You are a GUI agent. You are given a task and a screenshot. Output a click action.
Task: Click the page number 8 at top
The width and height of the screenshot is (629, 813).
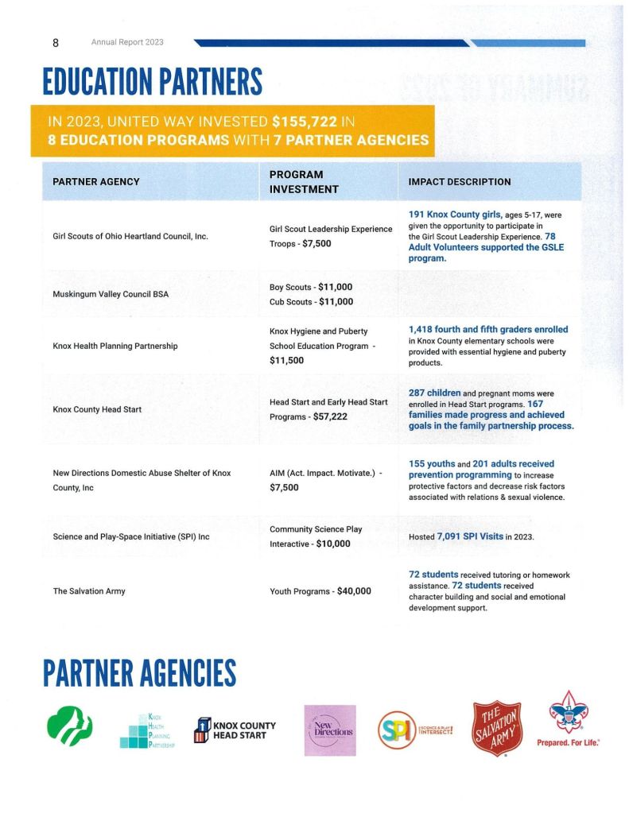[x=56, y=42]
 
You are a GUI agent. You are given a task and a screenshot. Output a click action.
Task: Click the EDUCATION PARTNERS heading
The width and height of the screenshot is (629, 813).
[x=152, y=82]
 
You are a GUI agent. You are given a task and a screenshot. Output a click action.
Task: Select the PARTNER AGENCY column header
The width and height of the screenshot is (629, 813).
[x=95, y=181]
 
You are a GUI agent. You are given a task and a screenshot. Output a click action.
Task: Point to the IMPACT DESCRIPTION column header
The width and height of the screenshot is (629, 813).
[x=459, y=181]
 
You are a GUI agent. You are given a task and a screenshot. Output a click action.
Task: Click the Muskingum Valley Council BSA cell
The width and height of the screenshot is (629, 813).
[x=111, y=294]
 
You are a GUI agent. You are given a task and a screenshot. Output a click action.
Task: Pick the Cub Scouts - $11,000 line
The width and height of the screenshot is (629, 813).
[x=311, y=302]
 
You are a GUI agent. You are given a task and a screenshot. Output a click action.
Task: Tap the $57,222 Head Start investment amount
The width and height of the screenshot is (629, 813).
[x=330, y=416]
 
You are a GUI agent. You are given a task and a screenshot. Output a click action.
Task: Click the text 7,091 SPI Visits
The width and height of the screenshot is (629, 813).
[x=469, y=536]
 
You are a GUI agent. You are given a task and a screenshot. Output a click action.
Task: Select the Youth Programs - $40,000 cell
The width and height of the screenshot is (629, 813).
[x=320, y=591]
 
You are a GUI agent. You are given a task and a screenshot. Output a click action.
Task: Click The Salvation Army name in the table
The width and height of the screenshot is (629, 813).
[x=89, y=591]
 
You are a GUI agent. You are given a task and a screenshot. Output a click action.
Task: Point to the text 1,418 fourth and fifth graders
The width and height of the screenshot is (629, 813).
[x=488, y=329]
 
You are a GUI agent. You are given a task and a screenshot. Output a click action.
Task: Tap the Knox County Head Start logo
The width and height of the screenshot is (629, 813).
[x=235, y=730]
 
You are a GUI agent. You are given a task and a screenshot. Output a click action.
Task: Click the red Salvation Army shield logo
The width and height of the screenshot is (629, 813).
[x=497, y=728]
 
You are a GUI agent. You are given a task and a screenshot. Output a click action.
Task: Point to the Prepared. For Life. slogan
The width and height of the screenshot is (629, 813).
[x=568, y=742]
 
